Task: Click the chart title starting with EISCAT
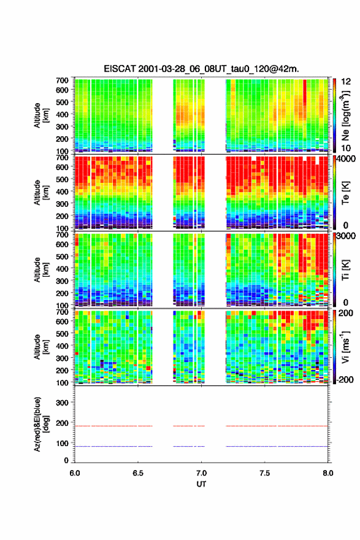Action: coord(201,69)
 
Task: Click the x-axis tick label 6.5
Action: coord(138,473)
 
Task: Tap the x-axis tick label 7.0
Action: coord(201,473)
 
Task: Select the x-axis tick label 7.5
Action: coord(265,473)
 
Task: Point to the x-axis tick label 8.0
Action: coord(328,473)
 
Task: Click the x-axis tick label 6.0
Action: coord(75,473)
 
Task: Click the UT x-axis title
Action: coord(201,484)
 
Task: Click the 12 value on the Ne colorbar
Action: coord(345,82)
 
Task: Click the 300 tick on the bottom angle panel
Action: coord(62,403)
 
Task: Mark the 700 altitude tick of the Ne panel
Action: coord(62,80)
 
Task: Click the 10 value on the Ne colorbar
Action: coord(345,148)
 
